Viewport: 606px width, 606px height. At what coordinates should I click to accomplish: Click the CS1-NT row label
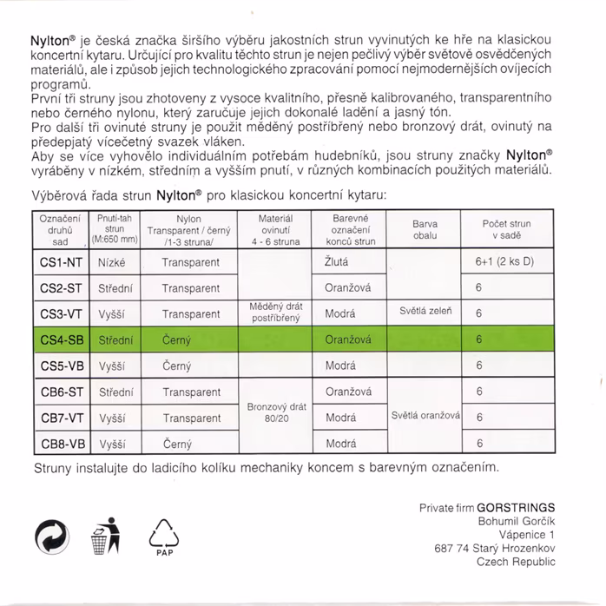point(63,261)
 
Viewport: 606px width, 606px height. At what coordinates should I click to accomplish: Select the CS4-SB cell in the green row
point(63,339)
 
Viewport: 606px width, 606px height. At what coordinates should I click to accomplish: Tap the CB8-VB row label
point(63,444)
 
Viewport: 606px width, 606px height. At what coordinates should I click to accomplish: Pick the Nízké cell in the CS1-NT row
point(113,261)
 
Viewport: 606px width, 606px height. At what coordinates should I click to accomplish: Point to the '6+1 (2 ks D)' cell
point(504,261)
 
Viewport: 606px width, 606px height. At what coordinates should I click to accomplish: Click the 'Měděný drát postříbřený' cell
point(275,313)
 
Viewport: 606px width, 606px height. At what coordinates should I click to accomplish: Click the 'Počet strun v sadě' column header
point(506,229)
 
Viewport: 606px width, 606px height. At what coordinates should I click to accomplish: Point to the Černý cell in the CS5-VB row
point(177,366)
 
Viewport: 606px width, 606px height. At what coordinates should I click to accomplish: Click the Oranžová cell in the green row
point(348,339)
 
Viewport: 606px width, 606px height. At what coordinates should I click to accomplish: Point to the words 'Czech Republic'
point(516,562)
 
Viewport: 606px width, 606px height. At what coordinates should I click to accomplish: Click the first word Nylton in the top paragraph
point(49,41)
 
